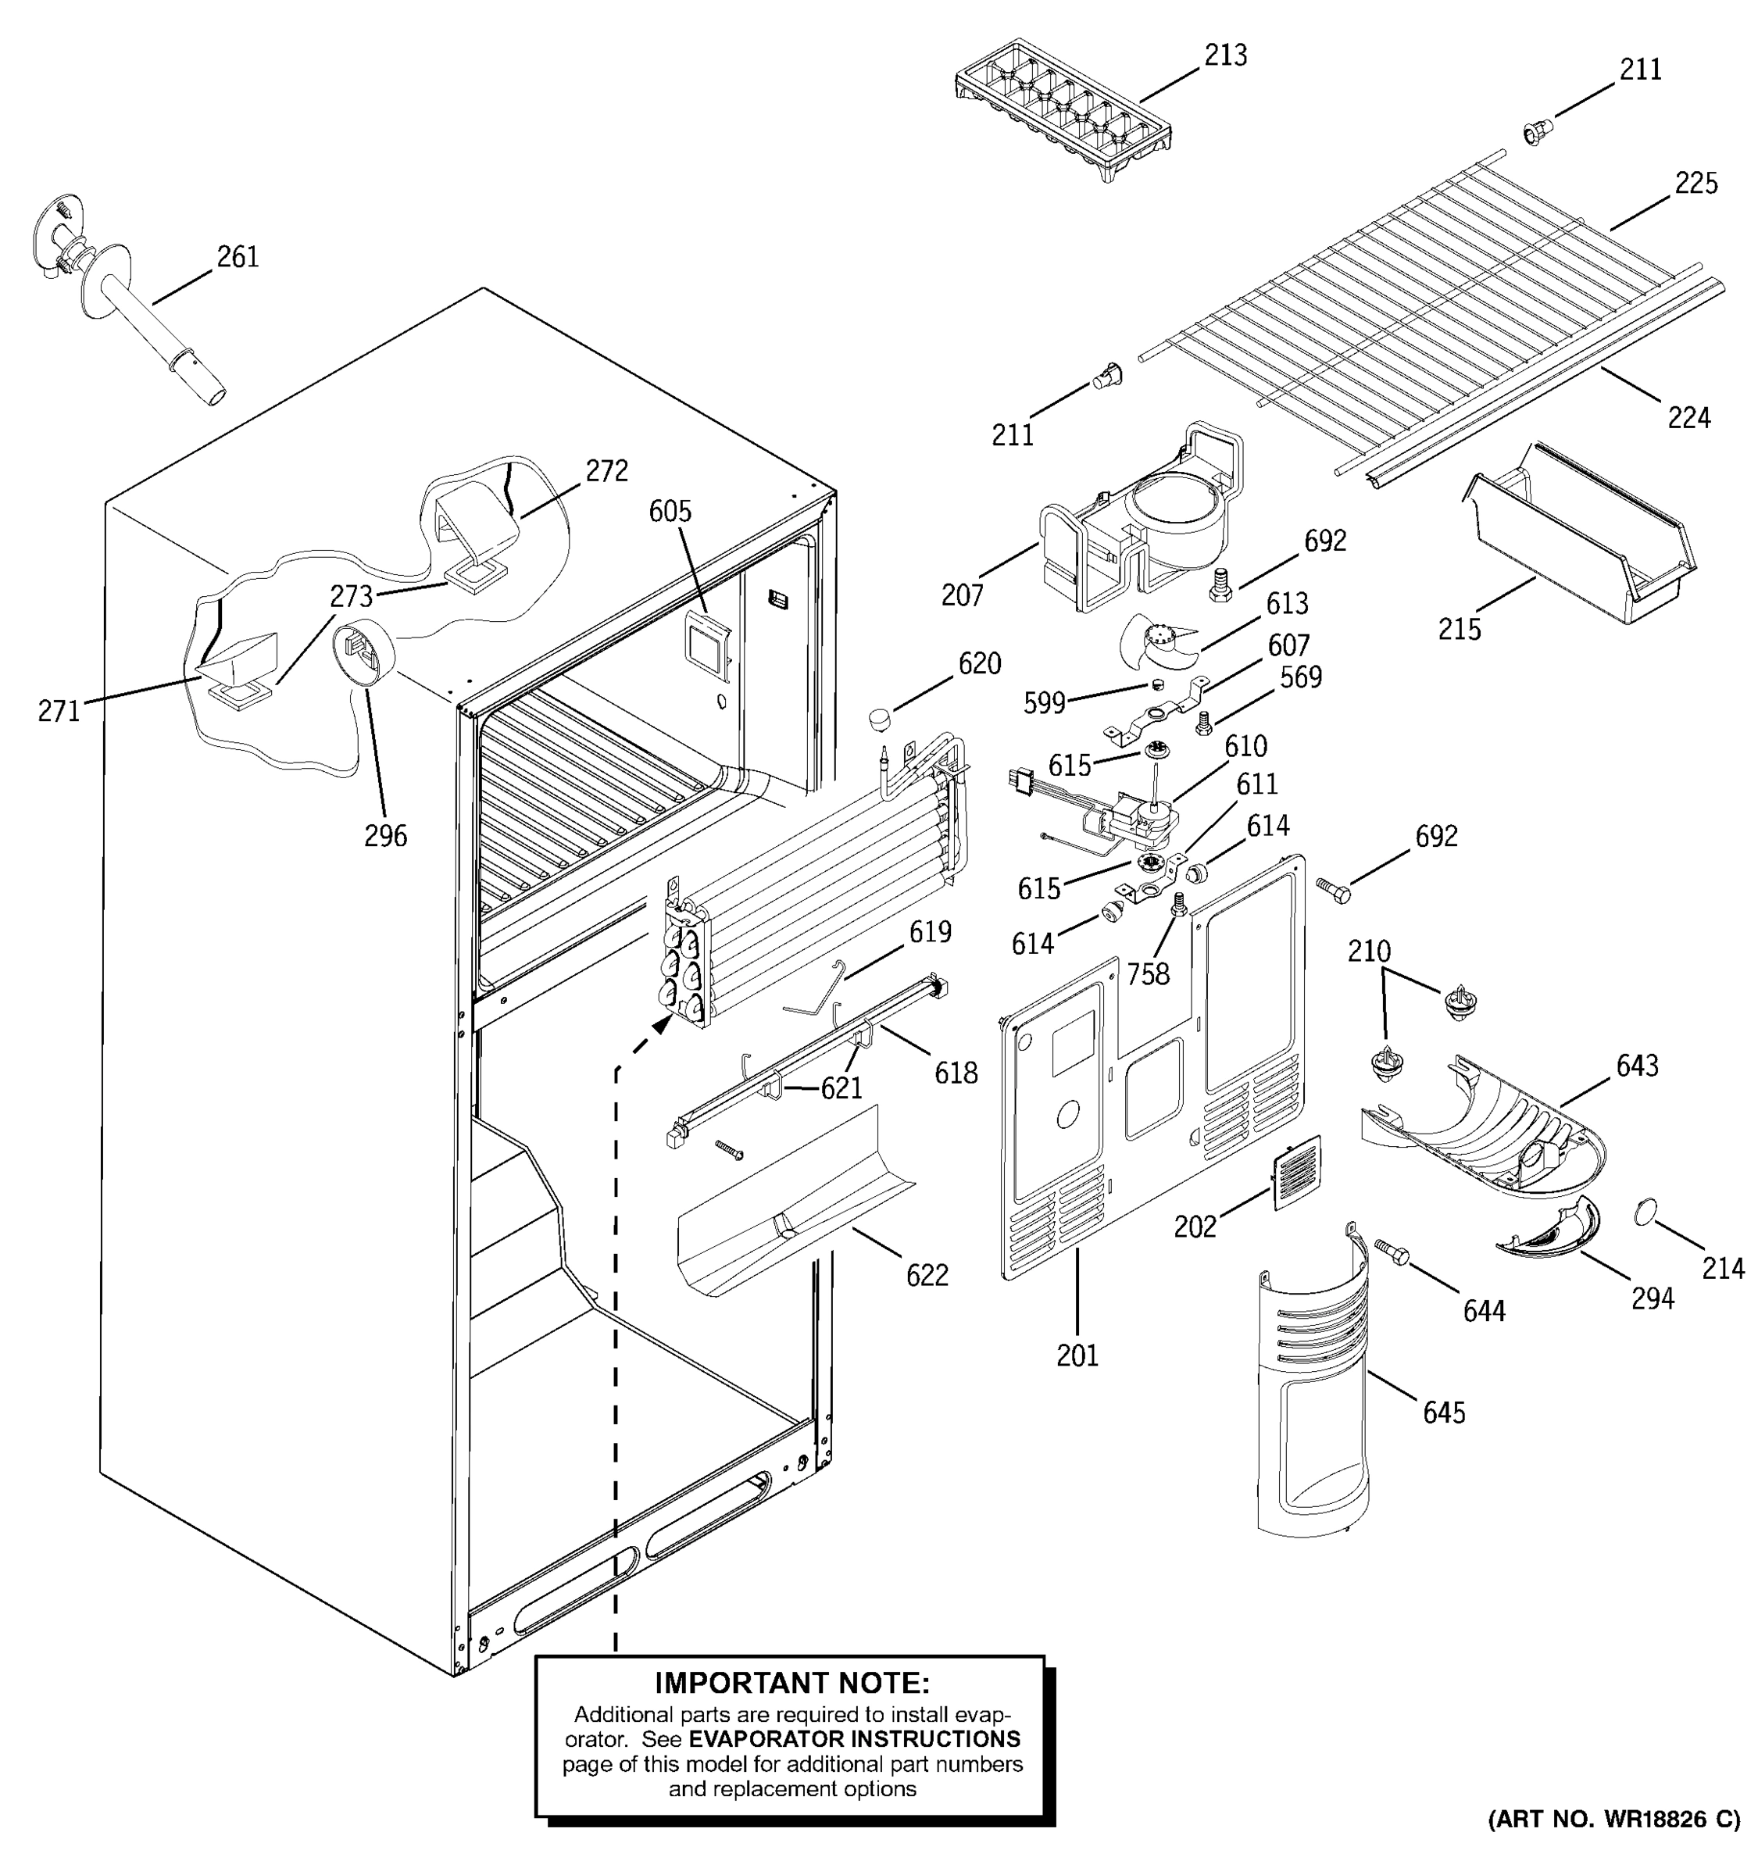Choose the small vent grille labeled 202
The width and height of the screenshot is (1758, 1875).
tap(1297, 1173)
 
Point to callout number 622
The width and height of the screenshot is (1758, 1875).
tap(927, 1275)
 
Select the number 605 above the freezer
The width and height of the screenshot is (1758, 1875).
tap(670, 511)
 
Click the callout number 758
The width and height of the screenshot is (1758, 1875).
tap(1148, 973)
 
